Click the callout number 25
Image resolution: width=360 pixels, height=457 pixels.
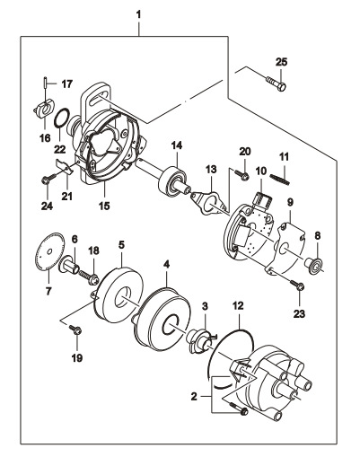click(x=281, y=62)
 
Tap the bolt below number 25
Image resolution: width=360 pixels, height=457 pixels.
click(x=276, y=83)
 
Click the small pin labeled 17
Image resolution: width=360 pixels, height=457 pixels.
click(x=45, y=83)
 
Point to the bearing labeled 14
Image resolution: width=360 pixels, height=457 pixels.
click(x=172, y=182)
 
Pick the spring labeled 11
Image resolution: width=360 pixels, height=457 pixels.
click(x=279, y=180)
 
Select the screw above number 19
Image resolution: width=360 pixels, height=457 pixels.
click(x=75, y=330)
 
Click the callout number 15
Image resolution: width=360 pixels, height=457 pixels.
click(x=105, y=206)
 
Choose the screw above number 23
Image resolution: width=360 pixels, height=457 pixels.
click(x=297, y=285)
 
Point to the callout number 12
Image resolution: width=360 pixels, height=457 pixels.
click(x=238, y=306)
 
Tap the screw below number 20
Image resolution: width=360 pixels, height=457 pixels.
click(x=241, y=175)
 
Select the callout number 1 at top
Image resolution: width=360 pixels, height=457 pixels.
click(x=138, y=14)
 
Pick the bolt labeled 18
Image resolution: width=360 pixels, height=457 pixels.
click(x=89, y=277)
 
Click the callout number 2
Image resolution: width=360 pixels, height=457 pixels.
click(x=194, y=397)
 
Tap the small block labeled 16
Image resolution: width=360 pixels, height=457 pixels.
click(x=43, y=109)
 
